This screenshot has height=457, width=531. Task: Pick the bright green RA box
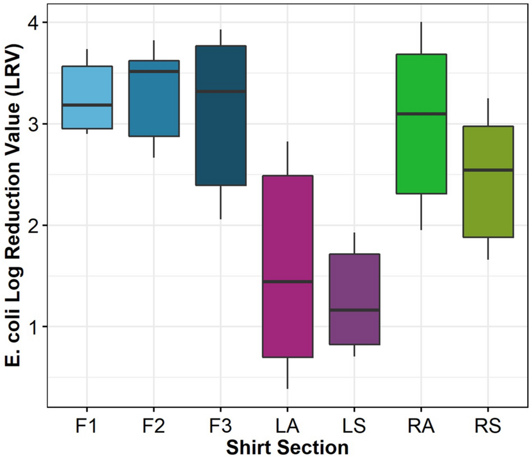click(421, 84)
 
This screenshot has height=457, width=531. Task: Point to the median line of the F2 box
click(154, 71)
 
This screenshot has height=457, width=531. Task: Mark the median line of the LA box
click(287, 282)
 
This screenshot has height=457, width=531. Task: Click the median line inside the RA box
click(421, 114)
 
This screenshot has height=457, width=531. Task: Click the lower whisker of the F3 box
click(220, 202)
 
